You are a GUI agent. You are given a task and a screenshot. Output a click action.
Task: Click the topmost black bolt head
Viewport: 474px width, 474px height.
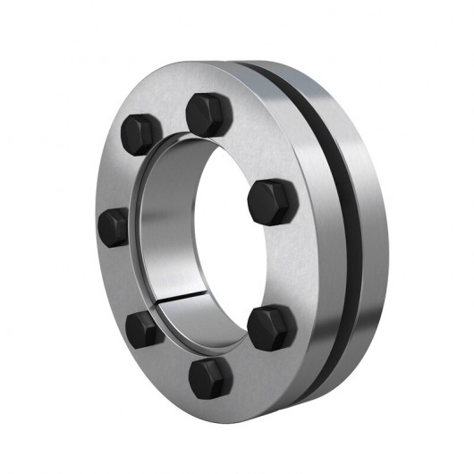click(206, 114)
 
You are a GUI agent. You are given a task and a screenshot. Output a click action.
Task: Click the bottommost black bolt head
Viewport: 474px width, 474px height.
click(211, 379)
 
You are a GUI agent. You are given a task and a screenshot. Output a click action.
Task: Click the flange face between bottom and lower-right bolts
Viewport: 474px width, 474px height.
click(246, 362)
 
